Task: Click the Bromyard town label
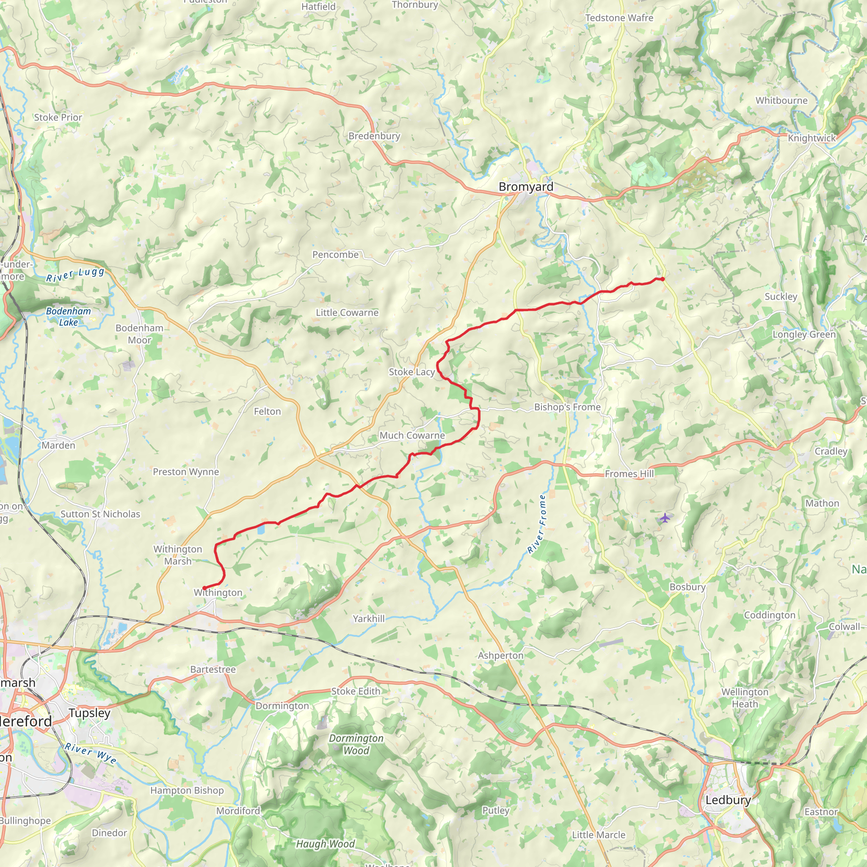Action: tap(526, 187)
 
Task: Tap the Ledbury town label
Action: tap(728, 800)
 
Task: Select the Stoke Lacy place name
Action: tap(411, 372)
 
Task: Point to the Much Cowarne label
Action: tap(412, 435)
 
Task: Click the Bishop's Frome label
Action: tap(567, 407)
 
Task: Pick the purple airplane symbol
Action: tap(665, 518)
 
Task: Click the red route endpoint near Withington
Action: tap(204, 588)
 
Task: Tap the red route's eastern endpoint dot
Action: tap(663, 279)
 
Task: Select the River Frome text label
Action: tap(537, 524)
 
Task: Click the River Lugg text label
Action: tap(75, 275)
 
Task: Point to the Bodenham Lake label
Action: tap(68, 316)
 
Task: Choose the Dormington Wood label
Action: tap(356, 744)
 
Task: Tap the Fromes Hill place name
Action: tap(629, 473)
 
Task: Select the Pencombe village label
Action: tap(335, 254)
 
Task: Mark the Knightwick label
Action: tap(812, 138)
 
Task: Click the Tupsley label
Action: tap(89, 712)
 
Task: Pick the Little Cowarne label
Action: tap(347, 312)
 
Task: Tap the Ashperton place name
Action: tap(500, 655)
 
